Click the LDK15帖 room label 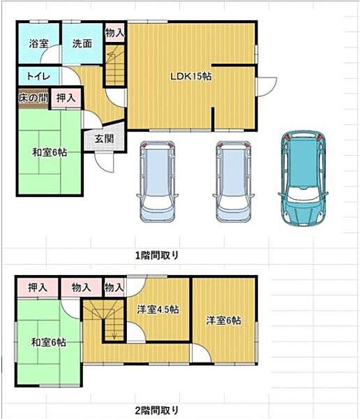[191, 77]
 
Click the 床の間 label [33, 98]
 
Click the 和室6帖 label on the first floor [49, 152]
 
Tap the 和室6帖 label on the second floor [49, 342]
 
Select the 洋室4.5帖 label [157, 309]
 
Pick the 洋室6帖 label [223, 321]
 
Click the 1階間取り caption [159, 255]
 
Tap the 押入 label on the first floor [67, 98]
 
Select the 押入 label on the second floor [38, 287]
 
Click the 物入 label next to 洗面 [114, 32]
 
